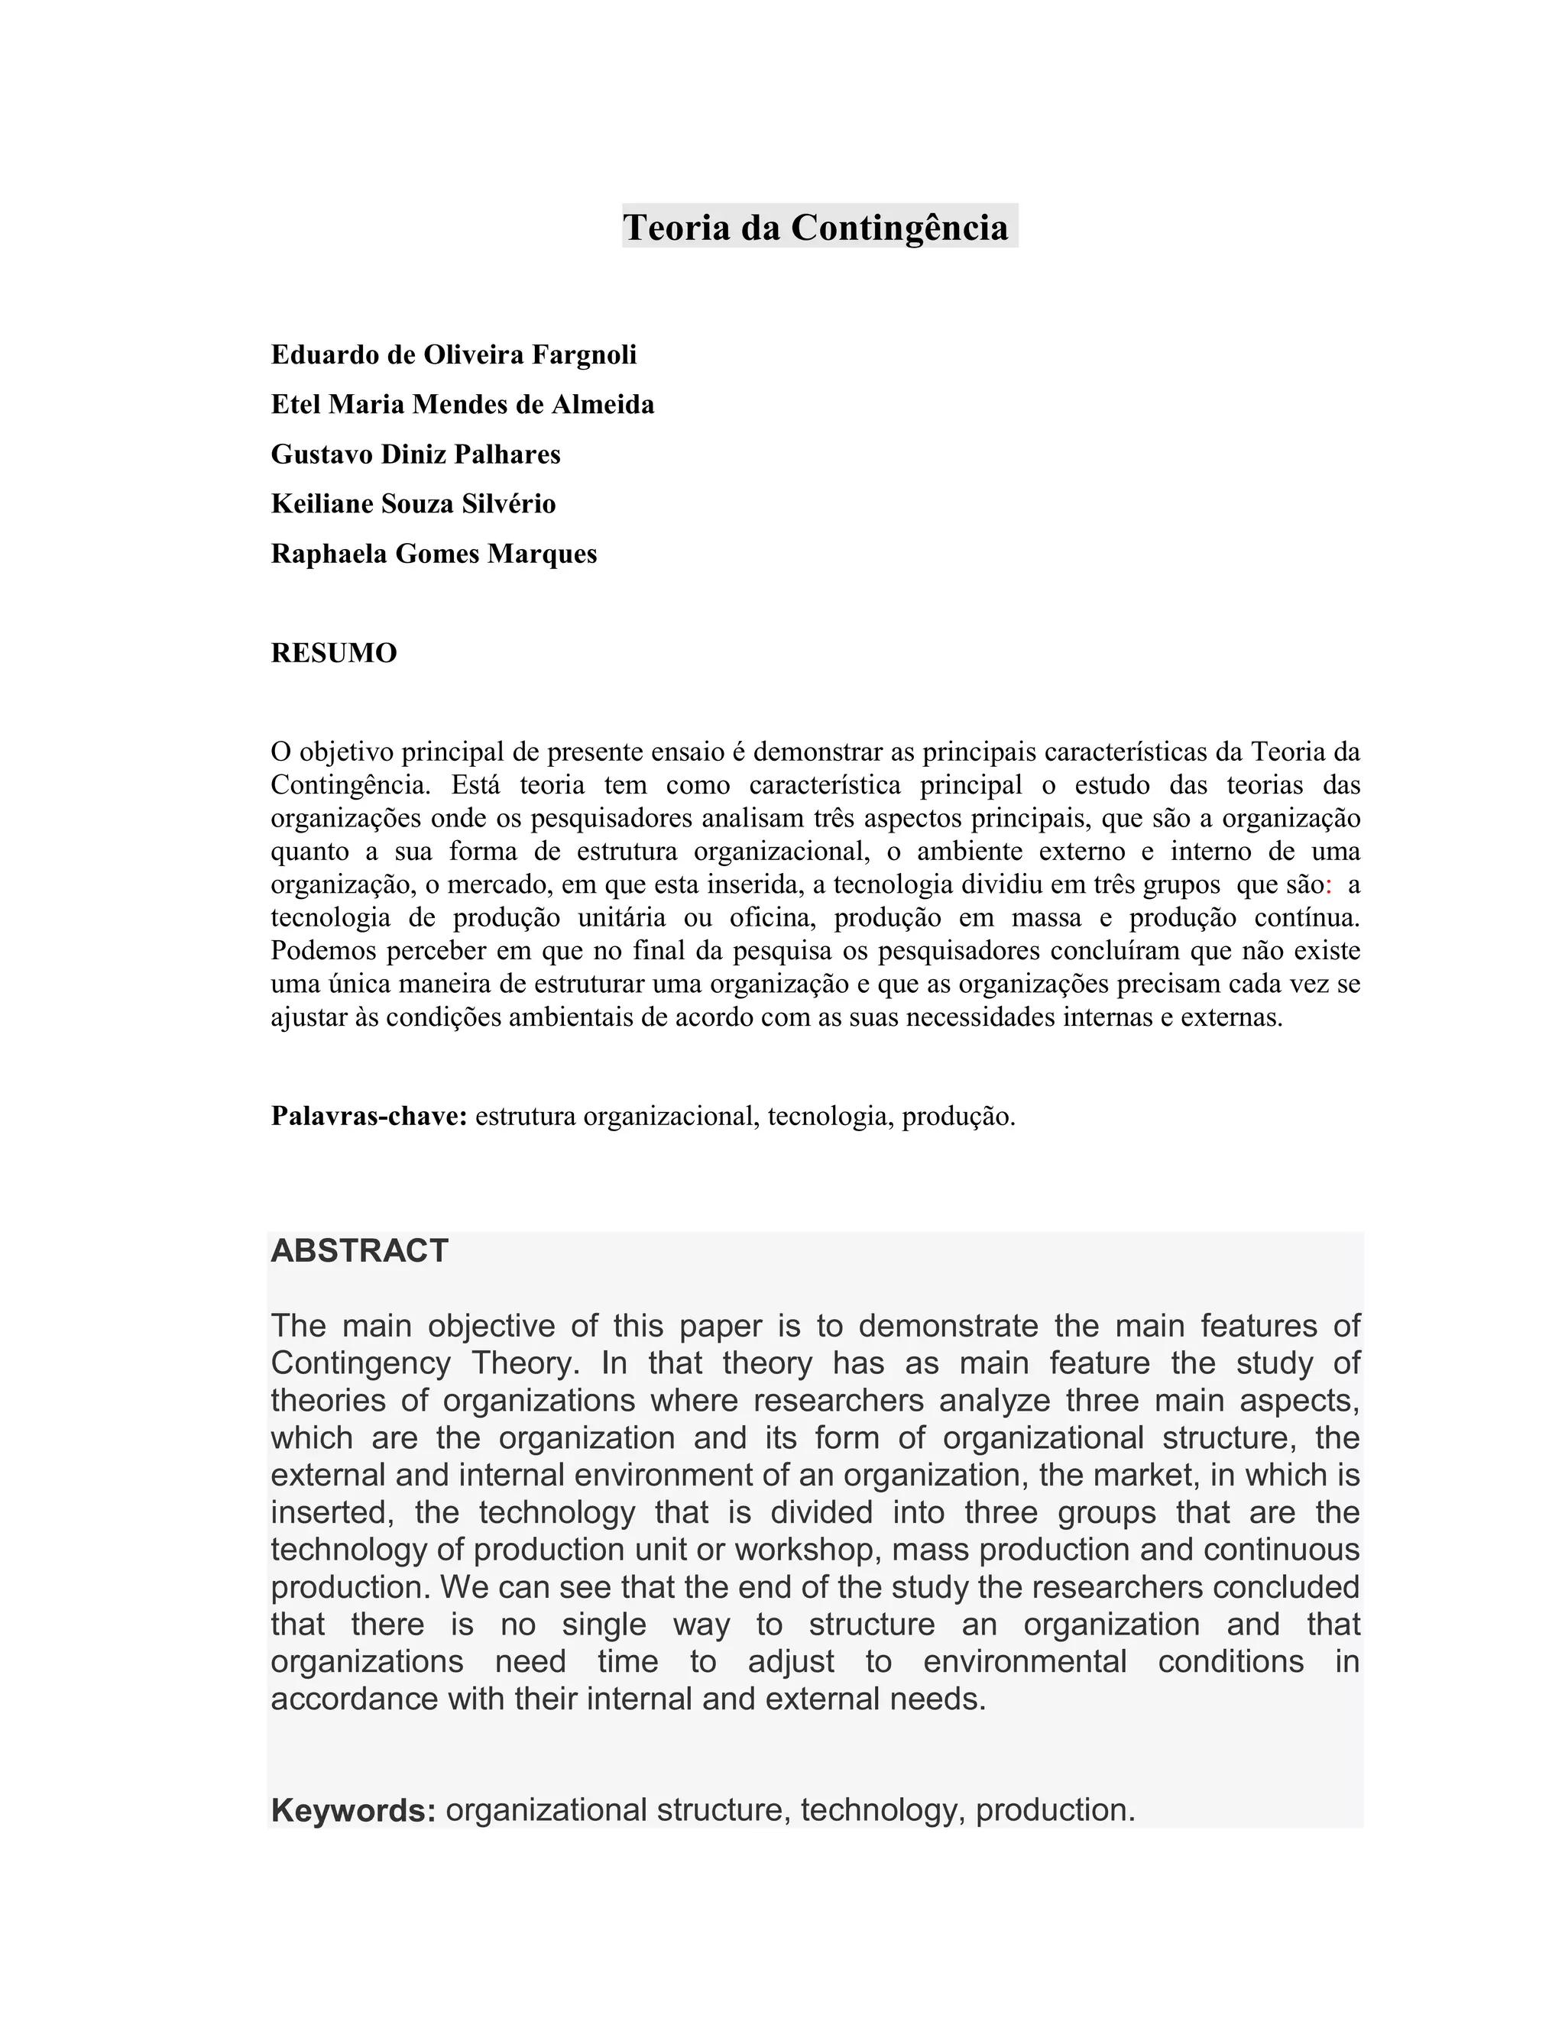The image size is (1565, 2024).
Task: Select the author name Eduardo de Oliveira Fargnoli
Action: [453, 354]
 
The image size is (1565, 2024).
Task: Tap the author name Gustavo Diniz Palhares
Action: [416, 454]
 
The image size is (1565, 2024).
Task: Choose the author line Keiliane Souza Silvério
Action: [413, 503]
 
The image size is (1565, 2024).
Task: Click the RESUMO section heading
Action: [334, 653]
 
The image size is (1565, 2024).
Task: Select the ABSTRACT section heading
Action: [360, 1251]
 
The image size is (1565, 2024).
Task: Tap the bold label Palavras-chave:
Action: [369, 1116]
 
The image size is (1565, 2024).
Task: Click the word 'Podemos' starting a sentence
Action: [320, 951]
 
